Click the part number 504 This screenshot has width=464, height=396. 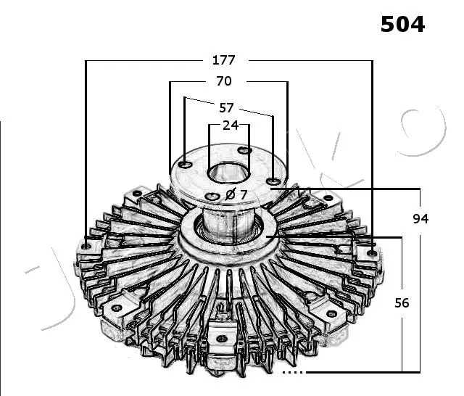[402, 24]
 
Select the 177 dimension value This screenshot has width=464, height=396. [224, 60]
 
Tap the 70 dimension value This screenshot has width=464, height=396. [224, 81]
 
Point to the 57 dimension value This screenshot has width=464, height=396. [226, 108]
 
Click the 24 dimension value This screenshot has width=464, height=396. [231, 125]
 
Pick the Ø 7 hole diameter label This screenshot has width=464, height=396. [236, 194]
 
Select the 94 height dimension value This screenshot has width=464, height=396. [420, 219]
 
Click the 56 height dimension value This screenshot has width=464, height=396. [402, 302]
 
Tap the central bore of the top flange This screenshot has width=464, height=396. [228, 173]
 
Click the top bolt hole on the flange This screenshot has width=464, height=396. [244, 151]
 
